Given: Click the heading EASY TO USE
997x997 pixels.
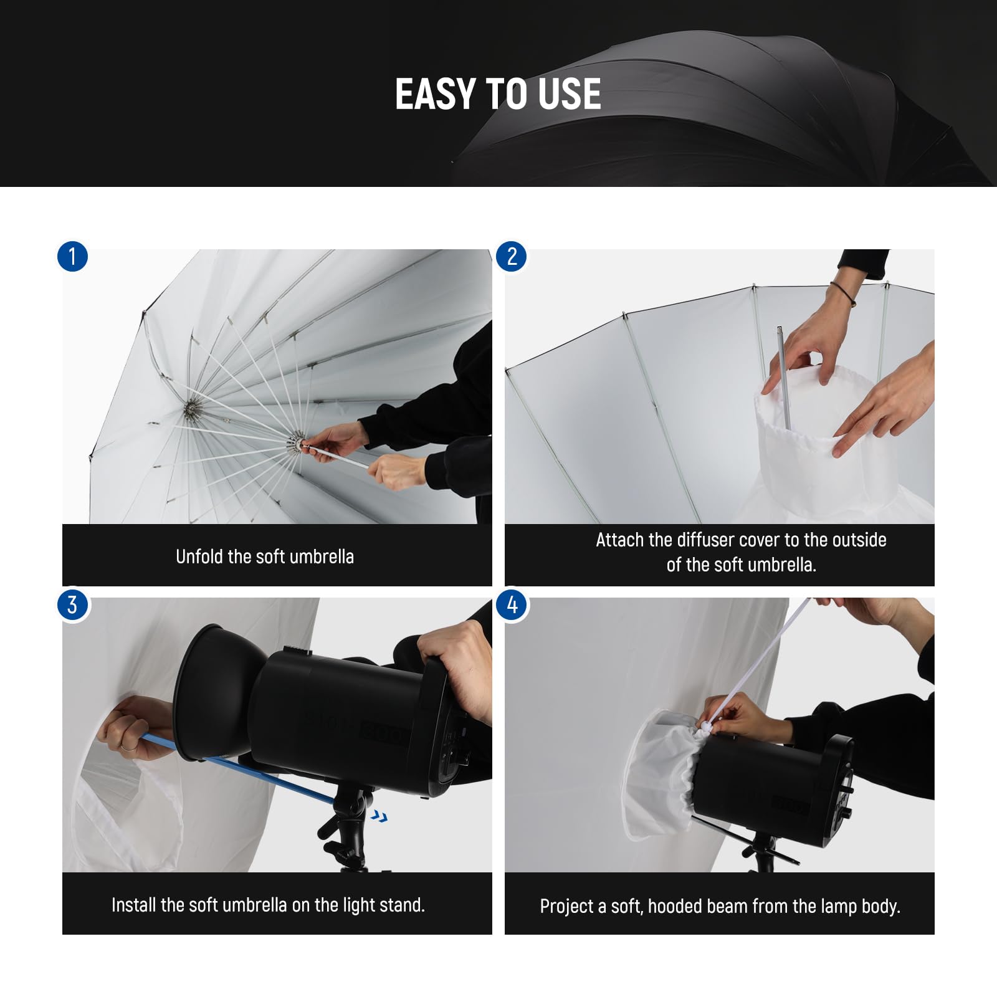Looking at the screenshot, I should tap(498, 95).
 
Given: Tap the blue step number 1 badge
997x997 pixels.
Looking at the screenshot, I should tap(72, 257).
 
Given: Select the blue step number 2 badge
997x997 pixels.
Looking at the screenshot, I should tap(512, 257).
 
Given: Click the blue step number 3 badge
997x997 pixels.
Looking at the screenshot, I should tap(72, 605).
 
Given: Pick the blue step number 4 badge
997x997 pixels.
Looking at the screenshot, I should tap(512, 605).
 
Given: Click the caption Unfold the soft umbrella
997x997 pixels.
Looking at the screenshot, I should tap(265, 556).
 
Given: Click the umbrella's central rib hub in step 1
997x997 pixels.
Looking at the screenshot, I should tap(190, 409).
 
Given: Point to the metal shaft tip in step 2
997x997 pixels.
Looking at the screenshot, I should tap(780, 330).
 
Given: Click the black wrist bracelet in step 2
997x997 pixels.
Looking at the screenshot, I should tap(844, 293).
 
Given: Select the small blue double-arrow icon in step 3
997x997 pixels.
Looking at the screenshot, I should tap(378, 816).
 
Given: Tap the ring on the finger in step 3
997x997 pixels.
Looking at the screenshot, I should tap(125, 747).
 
